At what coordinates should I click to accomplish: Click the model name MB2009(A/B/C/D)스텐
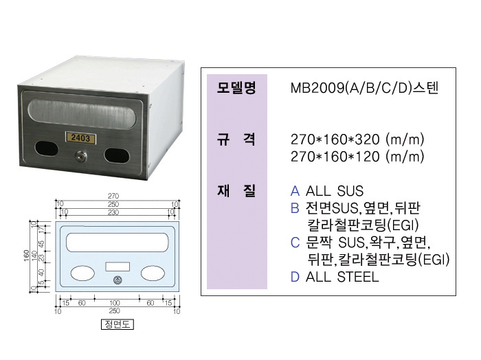pos(364,88)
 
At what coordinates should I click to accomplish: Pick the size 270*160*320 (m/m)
pos(357,139)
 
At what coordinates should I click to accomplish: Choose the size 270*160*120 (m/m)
pos(357,157)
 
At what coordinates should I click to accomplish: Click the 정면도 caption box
pos(115,325)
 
